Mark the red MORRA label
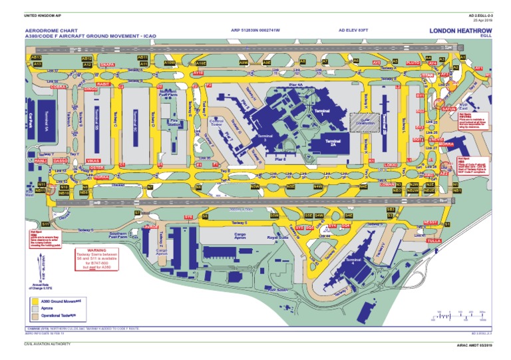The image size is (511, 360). [x=446, y=144]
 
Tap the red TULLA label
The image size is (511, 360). [x=434, y=240]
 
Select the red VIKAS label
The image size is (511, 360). [x=93, y=160]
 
